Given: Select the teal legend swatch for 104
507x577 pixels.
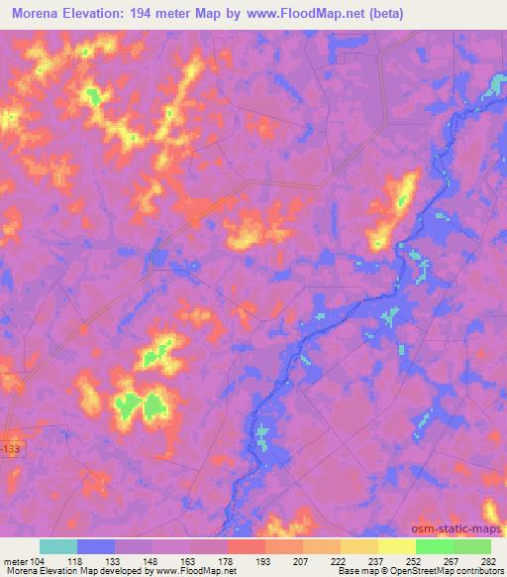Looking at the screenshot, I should coord(58,546).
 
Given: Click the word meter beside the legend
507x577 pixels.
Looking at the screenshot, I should coord(17,559).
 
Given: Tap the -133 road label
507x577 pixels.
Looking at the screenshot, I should coord(10,449).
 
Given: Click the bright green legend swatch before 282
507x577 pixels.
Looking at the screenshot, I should coord(472,546).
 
